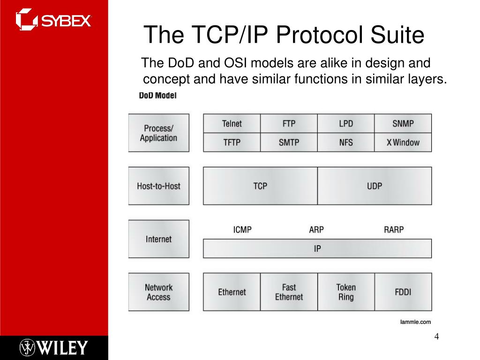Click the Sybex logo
[x=53, y=20]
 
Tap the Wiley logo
[x=54, y=348]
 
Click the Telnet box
[x=232, y=123]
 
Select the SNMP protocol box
[x=403, y=123]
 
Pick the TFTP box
[x=232, y=142]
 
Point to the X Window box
[x=403, y=142]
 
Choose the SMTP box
[x=289, y=142]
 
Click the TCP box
[x=260, y=186]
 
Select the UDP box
[x=375, y=186]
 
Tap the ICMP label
[x=242, y=230]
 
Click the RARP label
[x=394, y=230]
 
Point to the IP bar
[x=317, y=248]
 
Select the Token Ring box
[x=346, y=292]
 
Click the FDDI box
[x=403, y=292]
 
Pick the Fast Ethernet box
[x=289, y=292]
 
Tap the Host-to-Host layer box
[x=159, y=186]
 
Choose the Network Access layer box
[x=159, y=292]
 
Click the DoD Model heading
[x=157, y=96]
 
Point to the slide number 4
[x=436, y=337]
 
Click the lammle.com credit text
[x=415, y=322]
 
